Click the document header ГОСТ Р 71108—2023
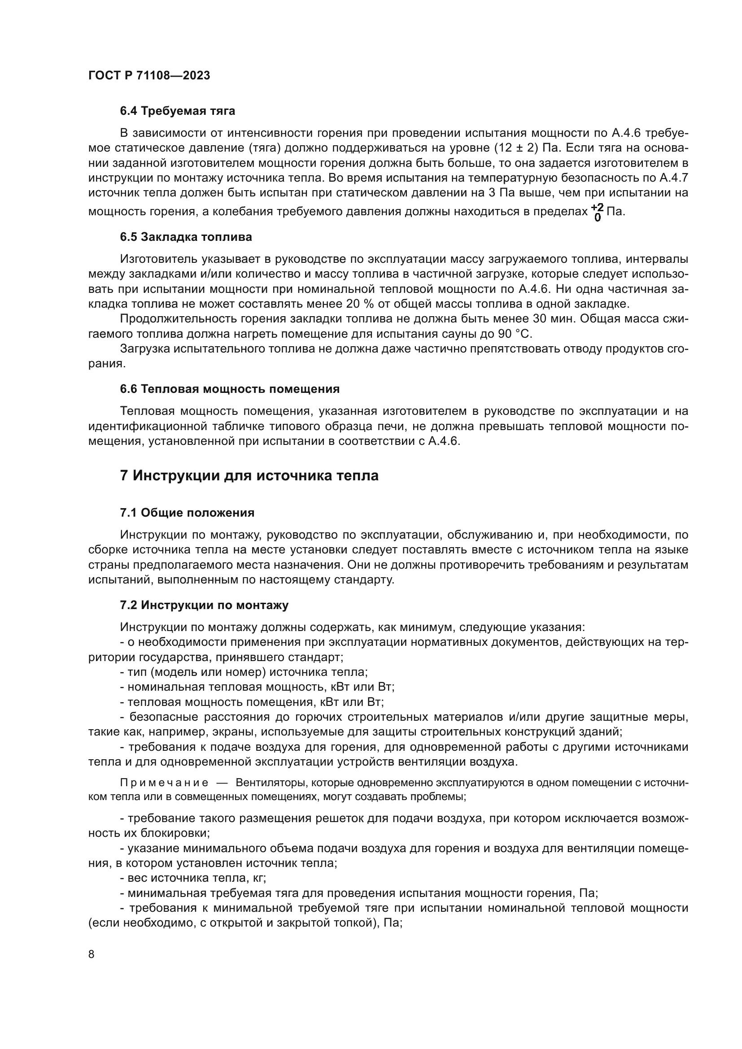click(x=149, y=76)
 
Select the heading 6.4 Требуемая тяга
click(x=177, y=111)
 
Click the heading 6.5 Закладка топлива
click(x=186, y=237)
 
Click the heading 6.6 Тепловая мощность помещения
click(x=230, y=389)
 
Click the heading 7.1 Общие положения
click(x=187, y=513)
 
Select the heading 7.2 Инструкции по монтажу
click(x=204, y=605)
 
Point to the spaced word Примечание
click(x=164, y=783)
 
